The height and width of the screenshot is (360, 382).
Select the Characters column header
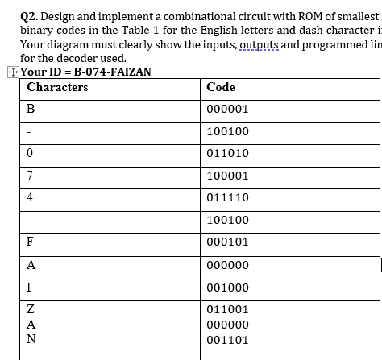click(x=57, y=86)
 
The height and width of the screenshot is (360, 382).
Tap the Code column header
click(x=221, y=86)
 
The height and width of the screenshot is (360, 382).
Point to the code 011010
click(x=228, y=152)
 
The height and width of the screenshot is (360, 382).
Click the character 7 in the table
click(x=30, y=174)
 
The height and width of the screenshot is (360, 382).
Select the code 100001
click(x=228, y=174)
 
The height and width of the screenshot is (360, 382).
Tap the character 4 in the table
click(x=30, y=196)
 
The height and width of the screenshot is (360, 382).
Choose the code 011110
click(x=228, y=196)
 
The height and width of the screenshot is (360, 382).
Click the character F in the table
click(x=30, y=240)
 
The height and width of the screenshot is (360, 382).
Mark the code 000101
click(x=228, y=240)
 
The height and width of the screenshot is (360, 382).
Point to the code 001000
click(x=228, y=288)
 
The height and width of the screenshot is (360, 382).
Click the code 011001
click(x=228, y=309)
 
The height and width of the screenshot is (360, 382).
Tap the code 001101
click(x=228, y=340)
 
